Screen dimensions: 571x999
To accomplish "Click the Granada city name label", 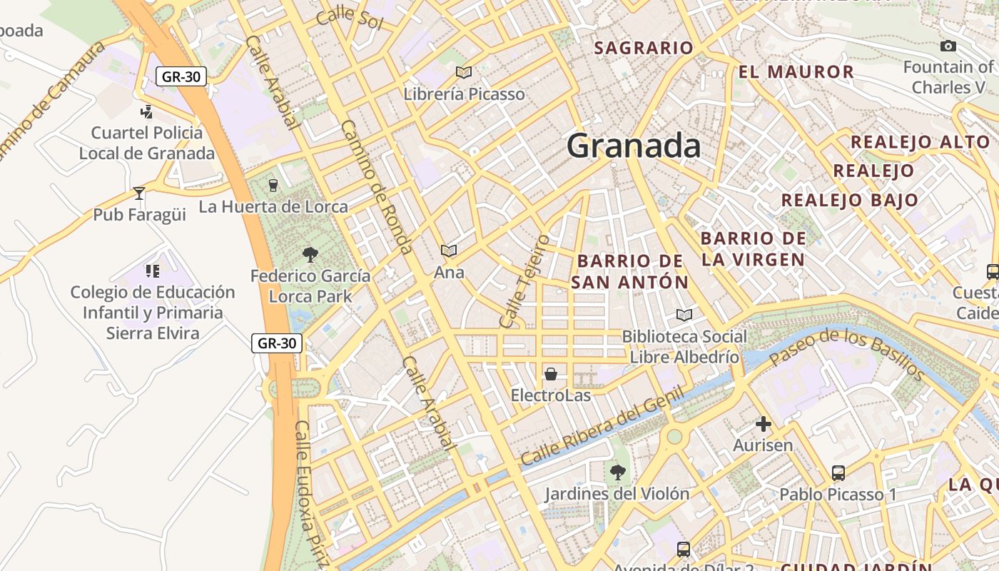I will [x=634, y=146].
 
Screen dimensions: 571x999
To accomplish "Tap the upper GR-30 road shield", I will [x=181, y=76].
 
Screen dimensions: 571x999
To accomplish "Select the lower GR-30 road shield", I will [x=277, y=343].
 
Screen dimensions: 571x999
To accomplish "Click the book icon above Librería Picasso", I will [x=464, y=72].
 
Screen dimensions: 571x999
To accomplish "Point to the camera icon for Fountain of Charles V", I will [x=948, y=46].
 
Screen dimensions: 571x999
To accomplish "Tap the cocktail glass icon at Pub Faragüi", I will [x=139, y=193].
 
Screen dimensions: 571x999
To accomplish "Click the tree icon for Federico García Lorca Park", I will [x=310, y=254].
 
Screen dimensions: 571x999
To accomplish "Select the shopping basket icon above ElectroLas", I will [x=550, y=374].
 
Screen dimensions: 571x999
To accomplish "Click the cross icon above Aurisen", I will [x=763, y=425].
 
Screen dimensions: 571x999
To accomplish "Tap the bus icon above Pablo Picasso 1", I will [x=838, y=473].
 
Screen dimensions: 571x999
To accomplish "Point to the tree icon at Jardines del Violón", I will [x=617, y=472].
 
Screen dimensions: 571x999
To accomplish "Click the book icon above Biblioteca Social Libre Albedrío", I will [x=684, y=315].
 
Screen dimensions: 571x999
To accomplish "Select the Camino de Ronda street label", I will [x=377, y=187].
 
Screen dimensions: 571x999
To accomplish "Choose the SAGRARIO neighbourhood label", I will [x=644, y=48].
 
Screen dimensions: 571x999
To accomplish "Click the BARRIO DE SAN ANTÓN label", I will [x=630, y=271].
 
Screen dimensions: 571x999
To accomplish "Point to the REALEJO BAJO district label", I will [x=849, y=200].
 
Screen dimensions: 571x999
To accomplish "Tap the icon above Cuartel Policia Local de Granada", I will [x=146, y=111].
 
